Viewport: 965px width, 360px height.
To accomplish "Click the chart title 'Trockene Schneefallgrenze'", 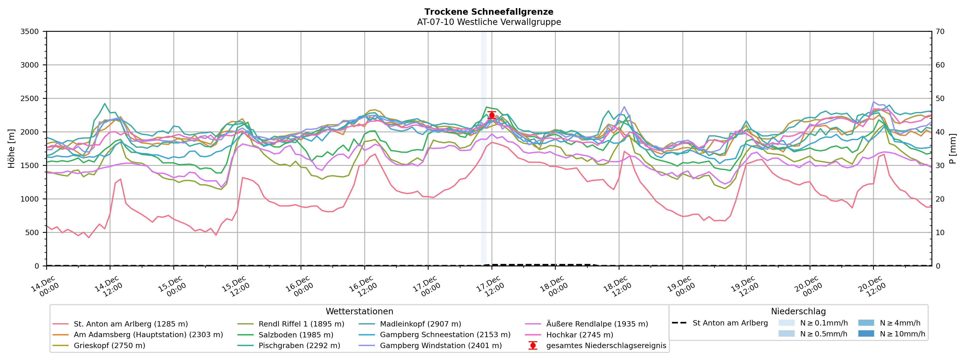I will (489, 12).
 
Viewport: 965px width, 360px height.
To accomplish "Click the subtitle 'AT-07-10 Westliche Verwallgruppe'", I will (489, 22).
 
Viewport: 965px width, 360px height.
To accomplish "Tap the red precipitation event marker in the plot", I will (492, 115).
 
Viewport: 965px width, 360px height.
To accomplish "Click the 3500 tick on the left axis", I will (30, 31).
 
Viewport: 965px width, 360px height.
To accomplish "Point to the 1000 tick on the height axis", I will (30, 199).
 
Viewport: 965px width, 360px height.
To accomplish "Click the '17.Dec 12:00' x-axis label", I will (491, 287).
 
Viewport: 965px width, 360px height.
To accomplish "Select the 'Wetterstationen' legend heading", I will (359, 311).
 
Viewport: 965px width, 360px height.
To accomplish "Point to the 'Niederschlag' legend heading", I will (798, 311).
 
